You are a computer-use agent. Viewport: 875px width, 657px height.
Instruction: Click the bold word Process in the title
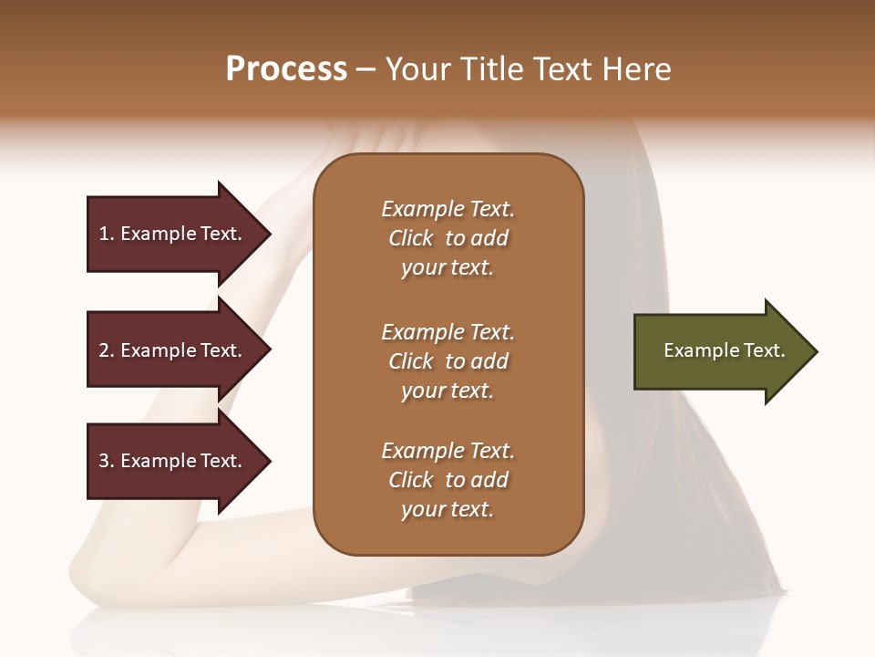[x=286, y=69]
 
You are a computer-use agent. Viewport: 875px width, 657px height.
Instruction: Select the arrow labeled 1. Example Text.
[x=173, y=234]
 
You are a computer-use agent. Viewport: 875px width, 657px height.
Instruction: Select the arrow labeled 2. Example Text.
[x=173, y=350]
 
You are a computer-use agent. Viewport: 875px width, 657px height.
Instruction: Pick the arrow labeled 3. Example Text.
[x=173, y=461]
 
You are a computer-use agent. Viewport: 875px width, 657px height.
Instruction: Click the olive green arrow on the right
[x=720, y=350]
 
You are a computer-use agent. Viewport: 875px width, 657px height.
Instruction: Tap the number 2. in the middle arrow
[x=107, y=350]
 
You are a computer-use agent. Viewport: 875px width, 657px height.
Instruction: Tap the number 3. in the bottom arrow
[x=107, y=461]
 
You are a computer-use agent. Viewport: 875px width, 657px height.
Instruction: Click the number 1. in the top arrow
[x=107, y=234]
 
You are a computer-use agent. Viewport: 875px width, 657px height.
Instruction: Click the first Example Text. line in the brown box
[x=448, y=209]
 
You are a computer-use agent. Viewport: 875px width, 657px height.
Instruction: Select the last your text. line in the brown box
[x=448, y=509]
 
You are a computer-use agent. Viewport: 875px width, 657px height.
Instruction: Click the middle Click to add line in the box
[x=448, y=361]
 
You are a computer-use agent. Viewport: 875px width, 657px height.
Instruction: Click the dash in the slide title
[x=365, y=69]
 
